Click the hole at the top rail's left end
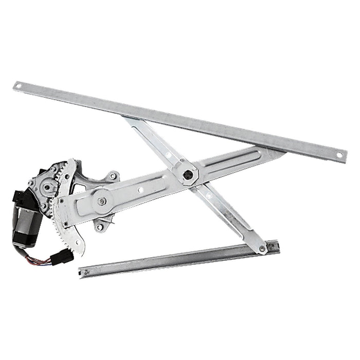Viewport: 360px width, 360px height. coord(19,86)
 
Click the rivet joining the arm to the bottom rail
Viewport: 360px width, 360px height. coord(262,249)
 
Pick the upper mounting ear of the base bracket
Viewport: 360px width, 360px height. coord(113,176)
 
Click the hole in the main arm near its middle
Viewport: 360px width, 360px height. coord(140,190)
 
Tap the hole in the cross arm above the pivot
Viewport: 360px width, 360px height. coord(168,155)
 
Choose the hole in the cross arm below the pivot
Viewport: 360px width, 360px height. coord(208,196)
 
